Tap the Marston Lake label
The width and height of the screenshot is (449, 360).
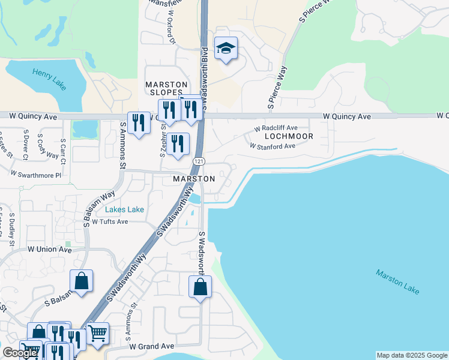[x=398, y=281]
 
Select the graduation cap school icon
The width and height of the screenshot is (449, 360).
[x=226, y=49]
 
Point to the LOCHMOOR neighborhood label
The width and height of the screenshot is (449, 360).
[x=289, y=136]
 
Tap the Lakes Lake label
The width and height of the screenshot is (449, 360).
[x=124, y=209]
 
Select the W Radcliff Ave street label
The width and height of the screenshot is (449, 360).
[x=276, y=128]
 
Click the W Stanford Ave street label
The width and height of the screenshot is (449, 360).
[x=273, y=146]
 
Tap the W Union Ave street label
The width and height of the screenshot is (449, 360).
[x=49, y=249]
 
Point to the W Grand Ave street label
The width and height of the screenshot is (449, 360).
[x=152, y=346]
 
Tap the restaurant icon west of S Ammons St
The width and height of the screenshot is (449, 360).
[x=139, y=123]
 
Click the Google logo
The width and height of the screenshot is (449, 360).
[x=20, y=353]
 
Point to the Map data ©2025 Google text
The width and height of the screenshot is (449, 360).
[x=411, y=355]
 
